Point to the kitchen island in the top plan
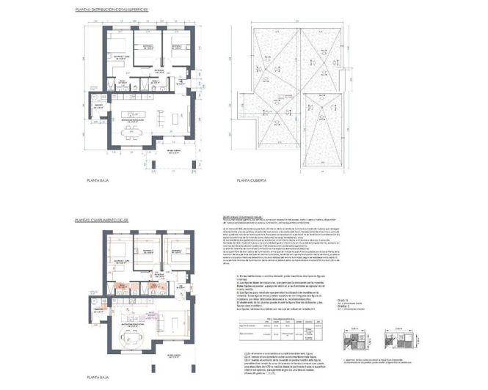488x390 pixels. [133, 116]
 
